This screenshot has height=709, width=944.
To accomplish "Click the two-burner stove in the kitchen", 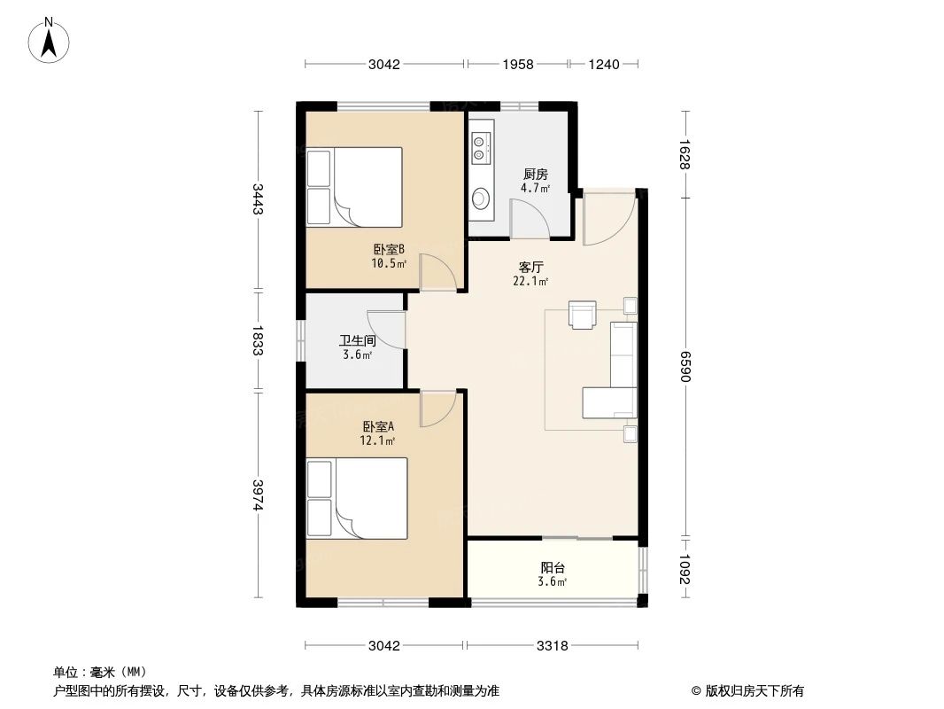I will point(480,147).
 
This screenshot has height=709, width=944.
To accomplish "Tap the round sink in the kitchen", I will point(481,199).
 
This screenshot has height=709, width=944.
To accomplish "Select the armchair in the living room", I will point(583,315).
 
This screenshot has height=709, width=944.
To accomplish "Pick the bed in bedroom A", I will point(357,497).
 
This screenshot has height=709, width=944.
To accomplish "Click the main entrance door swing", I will point(608,218).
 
